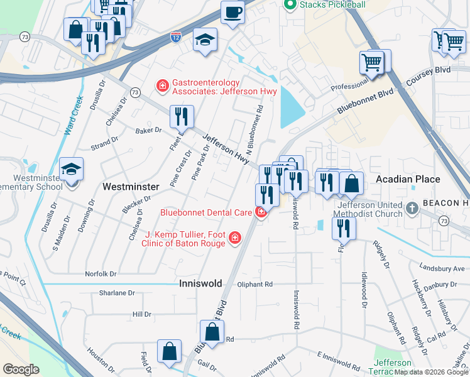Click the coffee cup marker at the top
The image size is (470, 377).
click(x=232, y=13)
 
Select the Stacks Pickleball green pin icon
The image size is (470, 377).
click(x=290, y=5)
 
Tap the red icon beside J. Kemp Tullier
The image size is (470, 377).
click(x=234, y=238)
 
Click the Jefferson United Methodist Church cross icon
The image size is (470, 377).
click(x=412, y=208)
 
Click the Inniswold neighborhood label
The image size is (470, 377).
click(x=200, y=283)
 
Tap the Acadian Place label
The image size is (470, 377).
click(x=408, y=179)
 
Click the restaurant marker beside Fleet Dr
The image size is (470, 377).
click(x=182, y=116)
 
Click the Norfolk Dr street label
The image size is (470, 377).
click(x=101, y=274)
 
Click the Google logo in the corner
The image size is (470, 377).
click(x=21, y=369)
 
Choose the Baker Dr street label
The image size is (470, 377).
click(x=149, y=131)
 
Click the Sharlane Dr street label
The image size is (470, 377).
click(x=117, y=293)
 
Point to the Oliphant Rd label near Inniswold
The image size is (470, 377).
click(x=255, y=284)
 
